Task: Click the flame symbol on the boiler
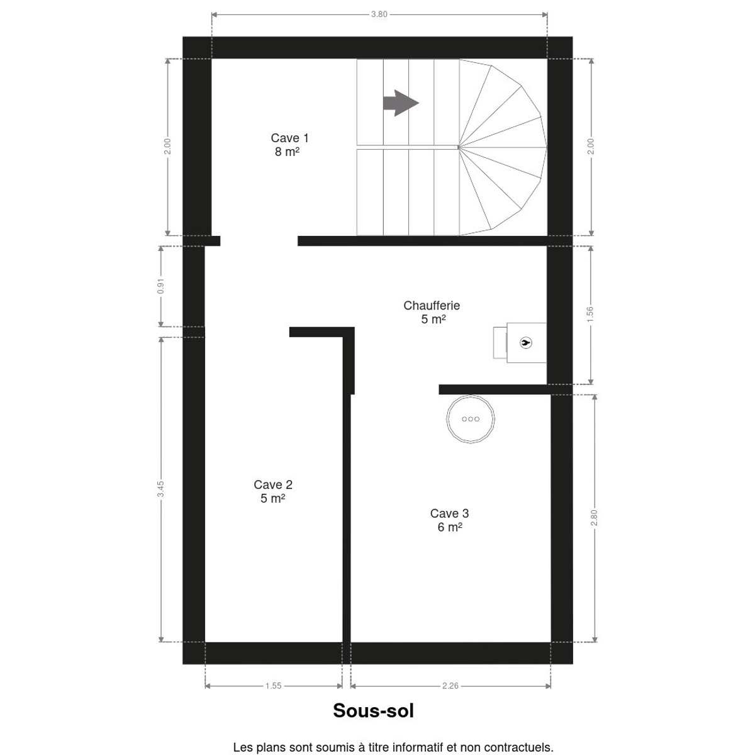(x=525, y=342)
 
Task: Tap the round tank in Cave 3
(x=470, y=419)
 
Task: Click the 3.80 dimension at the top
(x=379, y=14)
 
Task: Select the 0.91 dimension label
(x=160, y=286)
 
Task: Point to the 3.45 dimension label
(x=160, y=489)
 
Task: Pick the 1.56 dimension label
(x=590, y=315)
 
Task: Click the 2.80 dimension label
(x=594, y=518)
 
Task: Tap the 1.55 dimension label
(x=273, y=686)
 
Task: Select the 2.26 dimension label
(x=450, y=686)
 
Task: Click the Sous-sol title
(x=373, y=710)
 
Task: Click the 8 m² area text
(x=287, y=152)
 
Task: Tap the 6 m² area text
(x=450, y=527)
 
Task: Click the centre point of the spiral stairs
(x=459, y=147)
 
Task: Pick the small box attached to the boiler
(x=500, y=342)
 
